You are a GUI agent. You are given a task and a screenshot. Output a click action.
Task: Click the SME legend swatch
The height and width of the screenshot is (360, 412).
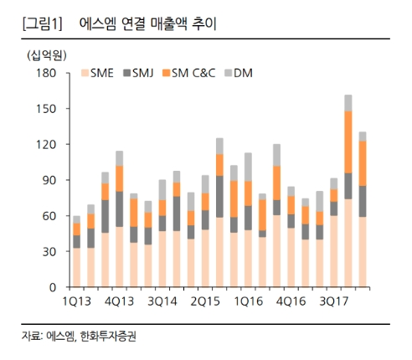pyautogui.click(x=85, y=73)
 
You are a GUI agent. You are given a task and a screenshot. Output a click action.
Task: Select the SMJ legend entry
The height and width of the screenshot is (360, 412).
pyautogui.click(x=138, y=73)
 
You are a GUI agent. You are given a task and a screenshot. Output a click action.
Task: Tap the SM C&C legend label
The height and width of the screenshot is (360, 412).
pyautogui.click(x=193, y=73)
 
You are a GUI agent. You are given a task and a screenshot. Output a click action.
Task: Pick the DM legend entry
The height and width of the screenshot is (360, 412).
pyautogui.click(x=239, y=73)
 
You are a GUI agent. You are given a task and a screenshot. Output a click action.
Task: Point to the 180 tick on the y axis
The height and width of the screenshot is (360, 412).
pyautogui.click(x=46, y=73)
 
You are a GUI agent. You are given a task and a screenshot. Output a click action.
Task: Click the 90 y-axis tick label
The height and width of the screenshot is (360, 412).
pyautogui.click(x=49, y=180)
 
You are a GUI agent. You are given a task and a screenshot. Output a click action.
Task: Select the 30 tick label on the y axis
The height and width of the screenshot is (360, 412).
pyautogui.click(x=49, y=252)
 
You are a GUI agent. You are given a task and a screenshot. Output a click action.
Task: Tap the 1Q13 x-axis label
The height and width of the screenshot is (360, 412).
pyautogui.click(x=77, y=301)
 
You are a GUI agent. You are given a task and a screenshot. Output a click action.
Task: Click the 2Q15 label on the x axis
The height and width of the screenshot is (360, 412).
pyautogui.click(x=205, y=301)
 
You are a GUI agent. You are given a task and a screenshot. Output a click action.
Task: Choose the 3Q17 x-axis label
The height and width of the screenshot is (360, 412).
pyautogui.click(x=334, y=301)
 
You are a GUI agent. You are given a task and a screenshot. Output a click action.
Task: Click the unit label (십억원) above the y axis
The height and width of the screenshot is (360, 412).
pyautogui.click(x=47, y=55)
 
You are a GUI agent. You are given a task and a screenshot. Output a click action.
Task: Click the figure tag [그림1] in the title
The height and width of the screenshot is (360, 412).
pyautogui.click(x=42, y=24)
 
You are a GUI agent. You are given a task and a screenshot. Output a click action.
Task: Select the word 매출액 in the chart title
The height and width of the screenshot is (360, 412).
pyautogui.click(x=168, y=24)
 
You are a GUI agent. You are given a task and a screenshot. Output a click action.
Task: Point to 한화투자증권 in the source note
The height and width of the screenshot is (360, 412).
pyautogui.click(x=108, y=337)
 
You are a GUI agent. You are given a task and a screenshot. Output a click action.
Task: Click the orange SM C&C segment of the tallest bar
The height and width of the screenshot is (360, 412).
pyautogui.click(x=348, y=142)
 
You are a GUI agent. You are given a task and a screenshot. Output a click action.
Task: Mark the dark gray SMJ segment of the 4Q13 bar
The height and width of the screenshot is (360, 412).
pyautogui.click(x=120, y=209)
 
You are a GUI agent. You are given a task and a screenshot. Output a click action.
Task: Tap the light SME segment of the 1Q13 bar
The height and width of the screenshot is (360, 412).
pyautogui.click(x=77, y=268)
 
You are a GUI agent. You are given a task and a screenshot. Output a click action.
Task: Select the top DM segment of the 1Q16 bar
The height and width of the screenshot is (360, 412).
pyautogui.click(x=248, y=167)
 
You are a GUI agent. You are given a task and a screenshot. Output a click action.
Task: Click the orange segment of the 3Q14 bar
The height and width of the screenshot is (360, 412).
pyautogui.click(x=162, y=208)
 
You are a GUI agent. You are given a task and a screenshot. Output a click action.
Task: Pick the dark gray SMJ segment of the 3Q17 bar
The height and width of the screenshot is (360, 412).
pyautogui.click(x=334, y=208)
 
